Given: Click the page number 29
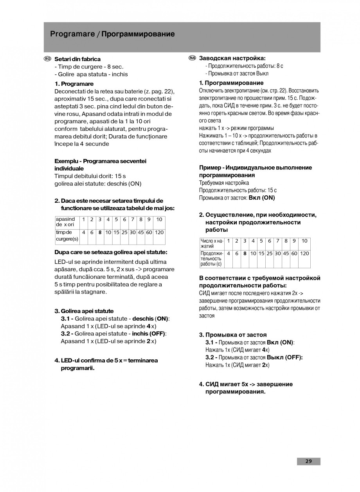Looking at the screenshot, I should coord(309,461).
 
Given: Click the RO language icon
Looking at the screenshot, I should coord(47,59).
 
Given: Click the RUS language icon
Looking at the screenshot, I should coord(192,58).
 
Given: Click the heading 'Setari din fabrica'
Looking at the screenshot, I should coord(77,59).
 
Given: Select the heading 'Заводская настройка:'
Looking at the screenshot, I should coord(232,58).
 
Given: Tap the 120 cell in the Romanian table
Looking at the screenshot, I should coord(159,232).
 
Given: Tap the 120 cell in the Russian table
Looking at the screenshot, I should coord(304,253).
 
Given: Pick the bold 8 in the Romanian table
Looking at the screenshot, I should coord(100,232).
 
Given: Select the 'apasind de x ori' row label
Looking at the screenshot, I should coord(65,222).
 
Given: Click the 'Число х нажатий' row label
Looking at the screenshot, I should coord(211,243).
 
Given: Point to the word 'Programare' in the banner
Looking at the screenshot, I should coord(72,34).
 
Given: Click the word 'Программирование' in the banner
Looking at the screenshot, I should coord(138,34).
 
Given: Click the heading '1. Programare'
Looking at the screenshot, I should coord(74,84).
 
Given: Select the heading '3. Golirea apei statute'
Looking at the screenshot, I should coord(84,311).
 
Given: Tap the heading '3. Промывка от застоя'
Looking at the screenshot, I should coord(233,335).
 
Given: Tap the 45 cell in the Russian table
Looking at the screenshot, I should coord(286,253).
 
